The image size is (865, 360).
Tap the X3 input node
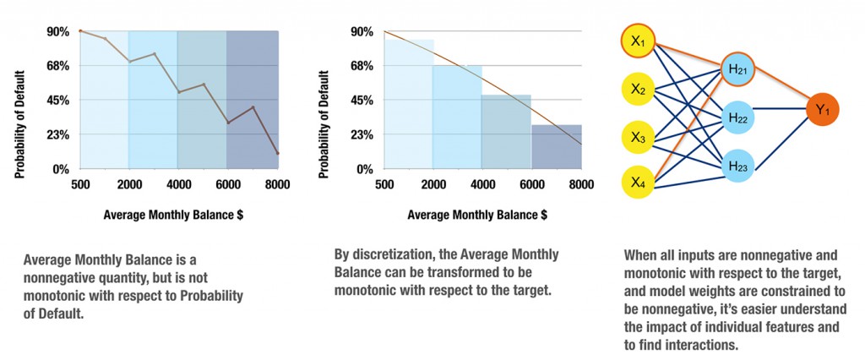pos(638,134)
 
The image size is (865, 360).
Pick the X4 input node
pos(638,181)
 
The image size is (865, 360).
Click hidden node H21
pos(737,69)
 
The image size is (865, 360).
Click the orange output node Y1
pos(823,108)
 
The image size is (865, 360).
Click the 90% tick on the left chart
pos(57,31)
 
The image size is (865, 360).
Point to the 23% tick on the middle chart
pos(362,134)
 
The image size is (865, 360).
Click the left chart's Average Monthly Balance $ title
pos(178,215)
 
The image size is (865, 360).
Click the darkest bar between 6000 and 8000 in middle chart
pos(556,147)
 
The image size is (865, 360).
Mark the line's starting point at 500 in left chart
pos(80,31)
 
